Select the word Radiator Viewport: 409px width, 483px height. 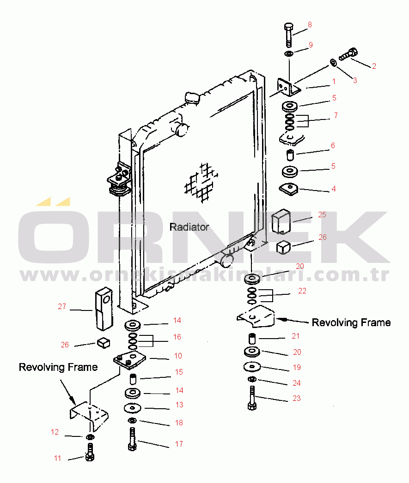(189, 227)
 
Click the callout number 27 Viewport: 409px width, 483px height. (62, 306)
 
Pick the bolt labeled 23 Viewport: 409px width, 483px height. (252, 398)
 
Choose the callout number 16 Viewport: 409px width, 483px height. (177, 337)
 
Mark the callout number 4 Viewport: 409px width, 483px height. (333, 189)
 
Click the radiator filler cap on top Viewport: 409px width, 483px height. (191, 98)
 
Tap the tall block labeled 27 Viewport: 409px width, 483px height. (104, 308)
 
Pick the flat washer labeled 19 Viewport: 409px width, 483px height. (252, 368)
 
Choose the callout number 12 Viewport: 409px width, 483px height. (55, 432)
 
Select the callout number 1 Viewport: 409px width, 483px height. (334, 81)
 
